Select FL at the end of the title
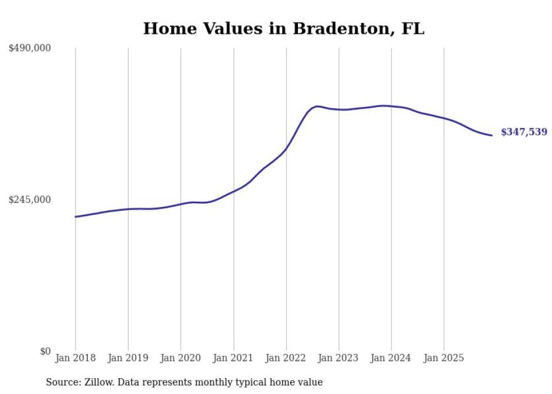click(413, 29)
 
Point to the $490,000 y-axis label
click(29, 48)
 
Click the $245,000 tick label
click(29, 200)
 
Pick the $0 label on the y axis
click(45, 351)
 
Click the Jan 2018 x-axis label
click(75, 358)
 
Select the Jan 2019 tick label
click(128, 358)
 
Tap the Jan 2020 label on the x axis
click(181, 358)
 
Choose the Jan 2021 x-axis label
click(233, 358)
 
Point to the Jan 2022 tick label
click(286, 358)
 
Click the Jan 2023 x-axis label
click(339, 358)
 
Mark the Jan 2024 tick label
click(391, 358)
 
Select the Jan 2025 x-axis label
click(444, 358)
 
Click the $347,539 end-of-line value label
click(524, 132)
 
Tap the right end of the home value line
click(492, 135)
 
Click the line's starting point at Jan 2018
click(75, 216)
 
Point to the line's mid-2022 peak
click(317, 106)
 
